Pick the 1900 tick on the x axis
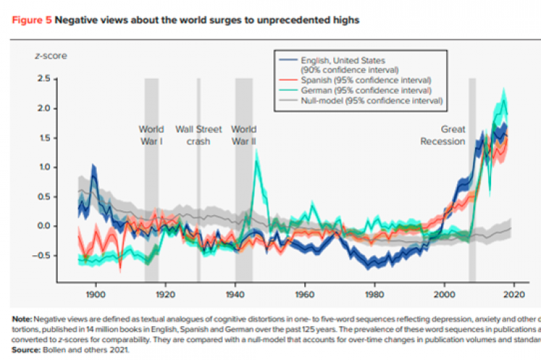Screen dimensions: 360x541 (x=95, y=295)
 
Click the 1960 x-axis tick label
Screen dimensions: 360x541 (x=304, y=295)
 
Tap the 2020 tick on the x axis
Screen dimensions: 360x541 (x=513, y=295)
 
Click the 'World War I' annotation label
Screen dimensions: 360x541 (x=151, y=135)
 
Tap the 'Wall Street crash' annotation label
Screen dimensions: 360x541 (x=198, y=135)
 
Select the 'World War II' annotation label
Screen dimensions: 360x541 (x=243, y=135)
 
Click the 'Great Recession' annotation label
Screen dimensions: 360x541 (x=443, y=135)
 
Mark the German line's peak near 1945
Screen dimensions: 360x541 (x=256, y=160)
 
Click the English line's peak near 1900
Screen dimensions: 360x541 (x=93, y=167)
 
